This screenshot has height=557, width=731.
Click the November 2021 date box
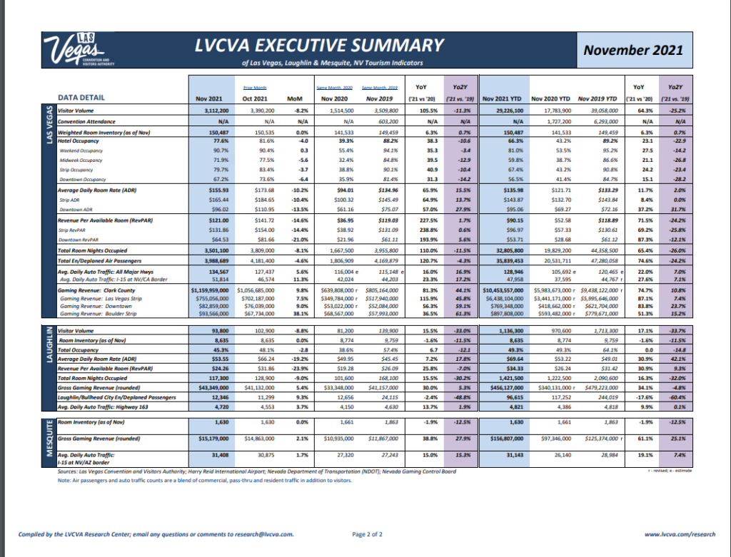point(632,50)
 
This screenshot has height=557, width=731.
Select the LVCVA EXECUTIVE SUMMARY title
point(320,46)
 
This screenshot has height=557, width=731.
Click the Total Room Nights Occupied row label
point(94,250)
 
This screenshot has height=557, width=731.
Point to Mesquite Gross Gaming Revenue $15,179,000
point(212,439)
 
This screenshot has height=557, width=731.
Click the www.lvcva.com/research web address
point(679,533)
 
